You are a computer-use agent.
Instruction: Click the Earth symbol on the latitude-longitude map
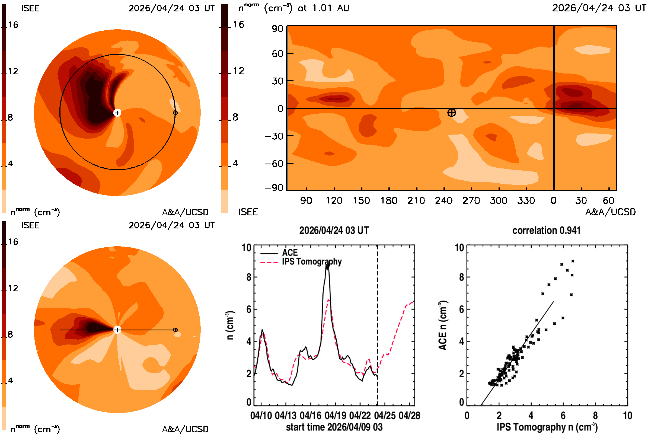(451, 113)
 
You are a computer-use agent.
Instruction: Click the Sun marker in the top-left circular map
(117, 113)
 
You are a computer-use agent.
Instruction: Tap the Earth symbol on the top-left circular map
(175, 113)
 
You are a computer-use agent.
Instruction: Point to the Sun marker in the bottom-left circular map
(117, 330)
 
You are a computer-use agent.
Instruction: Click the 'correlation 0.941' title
(546, 230)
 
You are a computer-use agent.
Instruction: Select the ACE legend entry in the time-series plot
(279, 253)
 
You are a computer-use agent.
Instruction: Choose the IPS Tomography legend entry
(301, 261)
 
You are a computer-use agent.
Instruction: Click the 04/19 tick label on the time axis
(335, 416)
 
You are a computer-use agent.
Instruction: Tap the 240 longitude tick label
(443, 200)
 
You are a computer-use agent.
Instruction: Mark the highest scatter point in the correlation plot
(573, 261)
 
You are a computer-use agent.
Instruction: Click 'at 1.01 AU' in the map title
(323, 8)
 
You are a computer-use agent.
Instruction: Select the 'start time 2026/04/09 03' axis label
(334, 427)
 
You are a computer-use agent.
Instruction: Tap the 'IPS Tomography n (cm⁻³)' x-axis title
(547, 427)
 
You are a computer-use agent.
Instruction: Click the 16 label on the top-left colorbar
(13, 25)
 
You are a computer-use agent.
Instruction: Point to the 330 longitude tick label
(526, 200)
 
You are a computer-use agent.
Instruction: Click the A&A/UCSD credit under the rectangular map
(610, 212)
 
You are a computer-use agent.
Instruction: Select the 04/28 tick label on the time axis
(409, 416)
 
